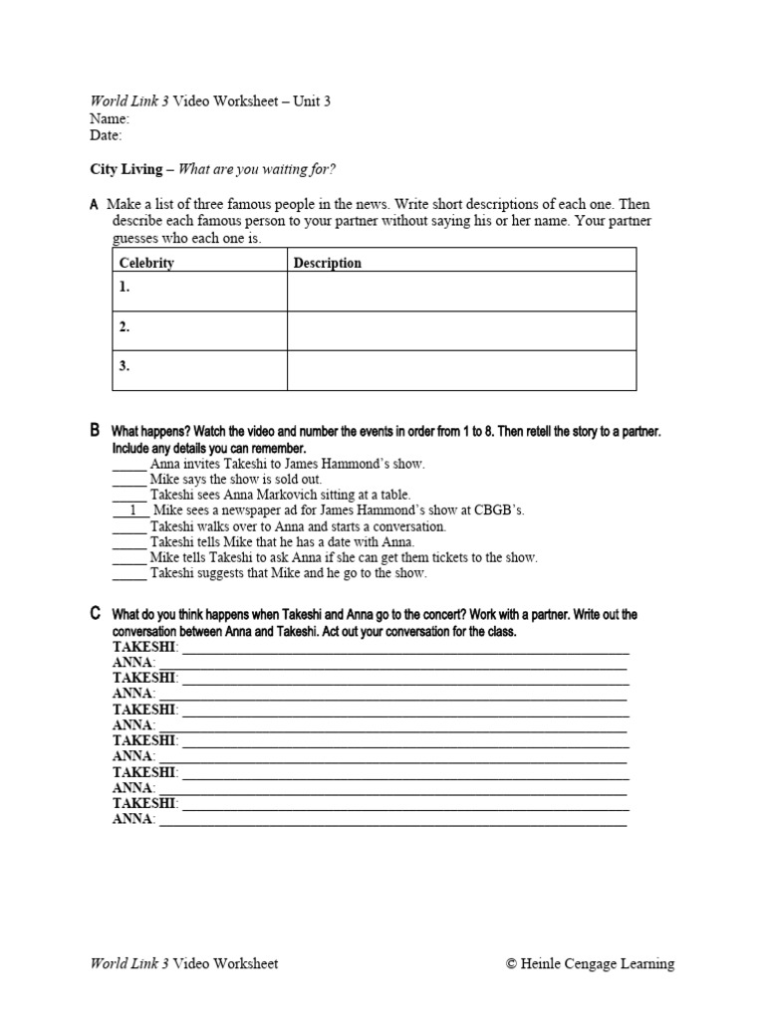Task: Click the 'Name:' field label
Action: tap(110, 118)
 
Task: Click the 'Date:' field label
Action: tap(107, 135)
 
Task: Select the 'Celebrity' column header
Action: tap(146, 263)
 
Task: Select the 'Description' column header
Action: tap(328, 263)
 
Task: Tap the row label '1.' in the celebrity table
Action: tap(125, 287)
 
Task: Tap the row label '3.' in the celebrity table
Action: tap(125, 366)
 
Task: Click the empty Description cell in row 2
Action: tap(461, 330)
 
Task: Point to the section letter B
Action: tap(95, 431)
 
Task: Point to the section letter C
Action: tap(95, 614)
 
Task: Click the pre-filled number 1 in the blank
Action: tap(132, 510)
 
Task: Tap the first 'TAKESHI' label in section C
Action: tap(144, 647)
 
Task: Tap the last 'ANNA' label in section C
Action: tap(133, 820)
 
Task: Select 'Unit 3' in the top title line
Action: tap(312, 102)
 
